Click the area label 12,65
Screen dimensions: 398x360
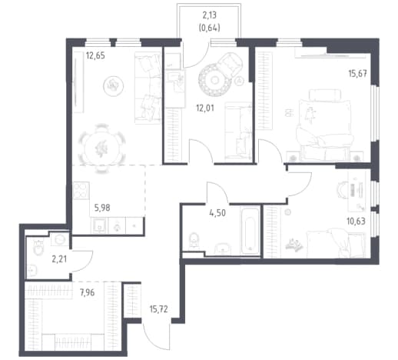(95, 55)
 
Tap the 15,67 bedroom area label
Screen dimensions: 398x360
(357, 74)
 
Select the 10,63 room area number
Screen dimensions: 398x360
(356, 221)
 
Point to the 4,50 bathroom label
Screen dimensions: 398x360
(217, 213)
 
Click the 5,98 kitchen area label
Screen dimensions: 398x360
(102, 208)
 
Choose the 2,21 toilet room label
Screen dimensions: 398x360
(59, 259)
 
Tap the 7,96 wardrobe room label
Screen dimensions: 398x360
(87, 292)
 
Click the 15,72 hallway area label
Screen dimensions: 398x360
(159, 309)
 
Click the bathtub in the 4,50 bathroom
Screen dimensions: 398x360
(250, 230)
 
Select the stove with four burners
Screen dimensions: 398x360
(81, 191)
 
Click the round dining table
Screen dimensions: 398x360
(102, 148)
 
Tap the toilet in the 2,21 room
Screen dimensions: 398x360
(38, 247)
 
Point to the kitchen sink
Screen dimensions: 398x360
(99, 225)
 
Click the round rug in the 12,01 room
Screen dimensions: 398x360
(215, 81)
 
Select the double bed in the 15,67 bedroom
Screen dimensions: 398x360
(325, 129)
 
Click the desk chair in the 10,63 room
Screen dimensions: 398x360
(342, 190)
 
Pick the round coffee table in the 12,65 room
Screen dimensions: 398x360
(114, 85)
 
